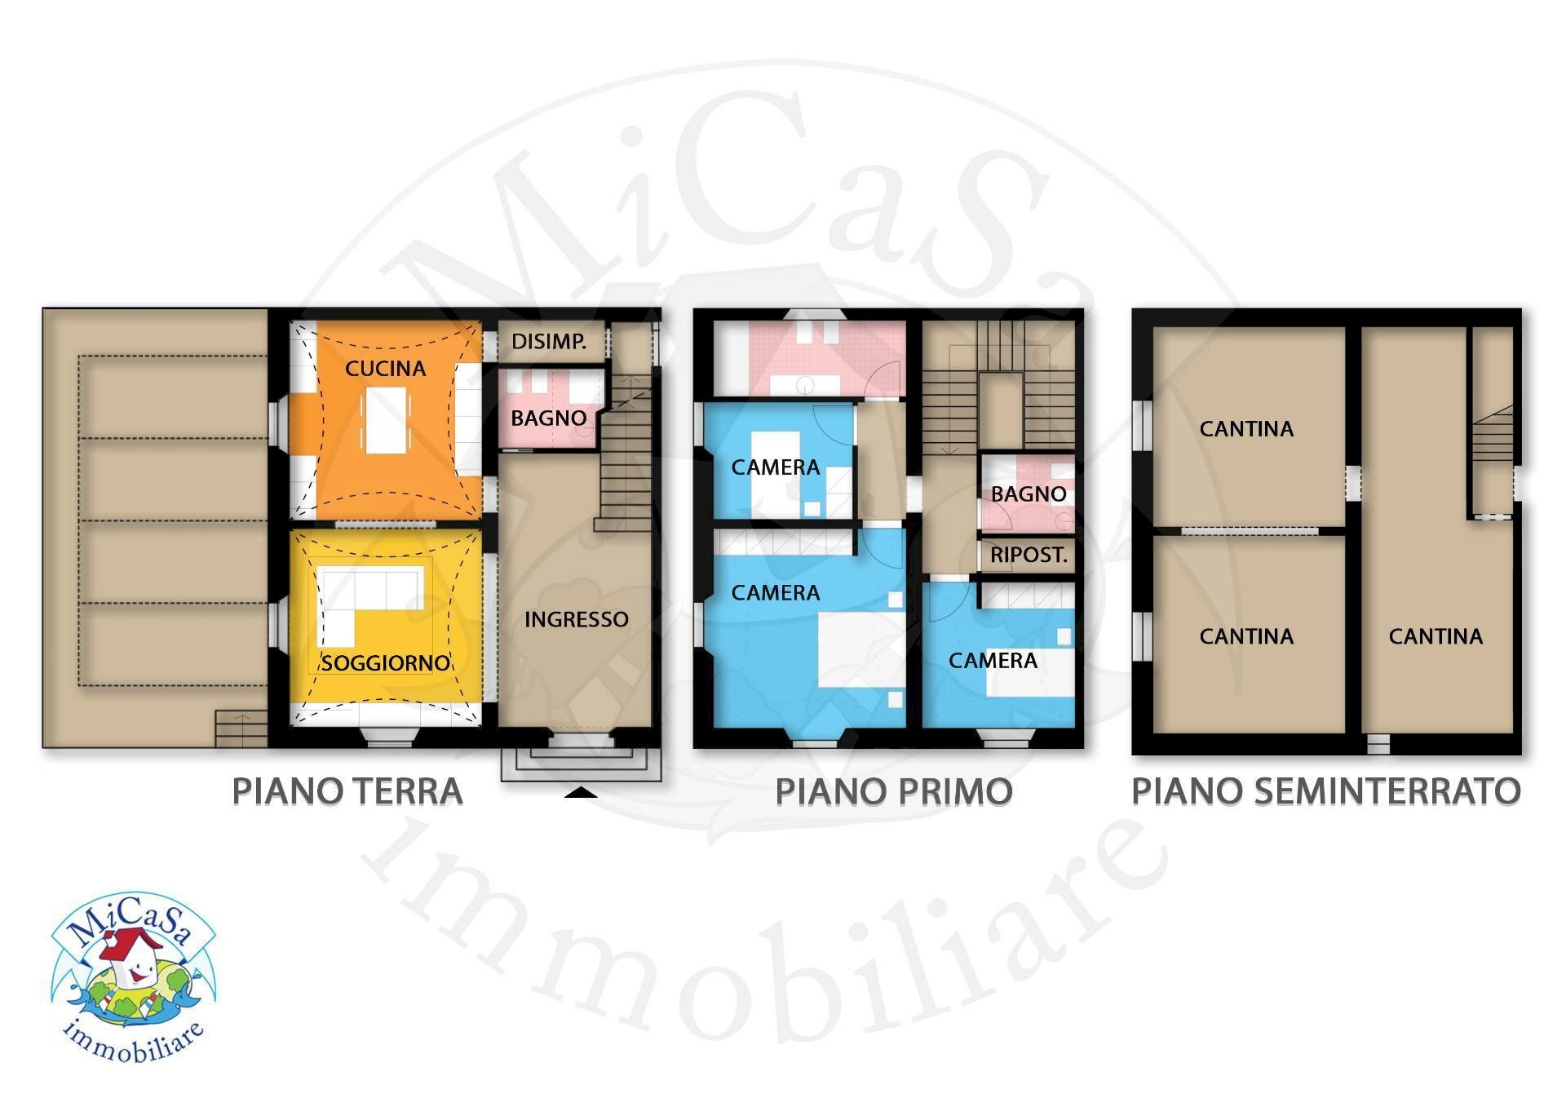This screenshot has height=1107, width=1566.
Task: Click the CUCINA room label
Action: pyautogui.click(x=385, y=369)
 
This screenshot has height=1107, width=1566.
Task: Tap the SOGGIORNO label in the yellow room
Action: pyautogui.click(x=385, y=662)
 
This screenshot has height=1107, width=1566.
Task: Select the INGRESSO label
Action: pyautogui.click(x=576, y=620)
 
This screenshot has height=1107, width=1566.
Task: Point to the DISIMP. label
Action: pyautogui.click(x=549, y=342)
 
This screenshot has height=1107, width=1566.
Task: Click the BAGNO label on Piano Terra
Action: pyautogui.click(x=549, y=418)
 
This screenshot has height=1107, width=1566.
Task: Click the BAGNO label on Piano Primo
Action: pyautogui.click(x=1029, y=494)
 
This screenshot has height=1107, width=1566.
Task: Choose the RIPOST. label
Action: pyautogui.click(x=1029, y=556)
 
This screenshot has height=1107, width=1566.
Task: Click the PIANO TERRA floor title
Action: pyautogui.click(x=347, y=791)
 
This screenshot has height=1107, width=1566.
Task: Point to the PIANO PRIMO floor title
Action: pyautogui.click(x=894, y=791)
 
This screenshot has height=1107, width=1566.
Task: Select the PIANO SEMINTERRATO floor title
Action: pyautogui.click(x=1326, y=791)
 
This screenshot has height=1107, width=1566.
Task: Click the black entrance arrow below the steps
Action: pyautogui.click(x=581, y=791)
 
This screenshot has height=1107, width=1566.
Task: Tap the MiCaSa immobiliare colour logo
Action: pyautogui.click(x=133, y=977)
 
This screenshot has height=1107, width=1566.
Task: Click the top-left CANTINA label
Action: pyautogui.click(x=1246, y=429)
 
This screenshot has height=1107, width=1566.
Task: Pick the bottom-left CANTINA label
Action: pyautogui.click(x=1246, y=636)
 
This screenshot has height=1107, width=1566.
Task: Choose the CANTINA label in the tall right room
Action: pyautogui.click(x=1435, y=636)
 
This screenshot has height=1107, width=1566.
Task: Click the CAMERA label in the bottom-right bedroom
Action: pyautogui.click(x=993, y=661)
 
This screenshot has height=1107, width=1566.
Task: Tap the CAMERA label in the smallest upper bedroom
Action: pyautogui.click(x=776, y=467)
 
